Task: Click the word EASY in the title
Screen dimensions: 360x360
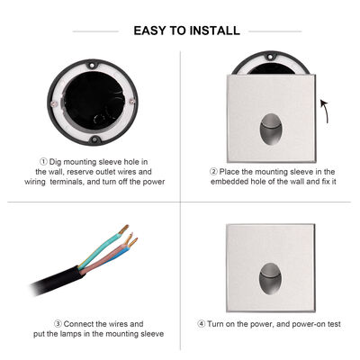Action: (152, 31)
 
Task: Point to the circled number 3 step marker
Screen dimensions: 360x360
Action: (58, 322)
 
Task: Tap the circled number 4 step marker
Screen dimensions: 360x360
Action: (213, 323)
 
